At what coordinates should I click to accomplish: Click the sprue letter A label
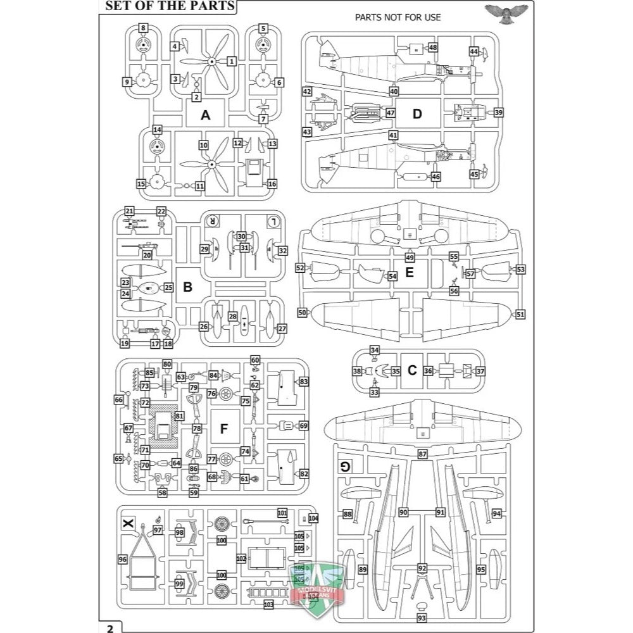204,115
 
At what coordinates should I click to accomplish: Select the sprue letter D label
417,114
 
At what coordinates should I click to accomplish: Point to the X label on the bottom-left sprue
128,523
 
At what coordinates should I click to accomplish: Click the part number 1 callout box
232,61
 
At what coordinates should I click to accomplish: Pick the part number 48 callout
433,47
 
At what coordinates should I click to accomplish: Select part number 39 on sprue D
499,113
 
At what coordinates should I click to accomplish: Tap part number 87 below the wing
423,454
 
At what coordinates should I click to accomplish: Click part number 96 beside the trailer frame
123,560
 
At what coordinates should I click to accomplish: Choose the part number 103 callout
268,605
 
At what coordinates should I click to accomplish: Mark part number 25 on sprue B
168,287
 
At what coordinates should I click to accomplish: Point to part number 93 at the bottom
422,617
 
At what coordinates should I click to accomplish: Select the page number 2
110,628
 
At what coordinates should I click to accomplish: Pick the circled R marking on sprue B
213,221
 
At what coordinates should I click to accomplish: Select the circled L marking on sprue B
273,221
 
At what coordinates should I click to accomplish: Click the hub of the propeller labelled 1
212,61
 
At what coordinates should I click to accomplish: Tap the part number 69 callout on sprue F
303,426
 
